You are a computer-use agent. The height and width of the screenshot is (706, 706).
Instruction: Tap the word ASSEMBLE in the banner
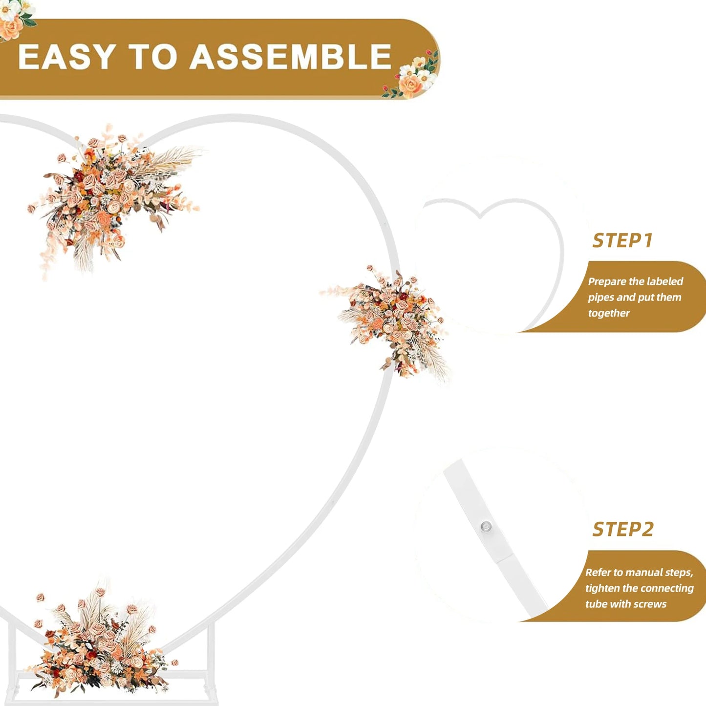pyautogui.click(x=291, y=57)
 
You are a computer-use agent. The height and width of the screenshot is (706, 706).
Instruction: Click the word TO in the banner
pyautogui.click(x=153, y=57)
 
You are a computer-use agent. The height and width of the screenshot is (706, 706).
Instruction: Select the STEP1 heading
pyautogui.click(x=622, y=240)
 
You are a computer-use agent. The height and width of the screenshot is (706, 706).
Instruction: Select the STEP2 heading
pyautogui.click(x=623, y=529)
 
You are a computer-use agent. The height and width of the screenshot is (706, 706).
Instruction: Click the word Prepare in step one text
pyautogui.click(x=607, y=282)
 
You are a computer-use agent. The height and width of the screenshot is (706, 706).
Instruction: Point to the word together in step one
pyautogui.click(x=609, y=313)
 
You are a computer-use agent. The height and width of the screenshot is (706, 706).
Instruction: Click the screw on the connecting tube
pyautogui.click(x=486, y=527)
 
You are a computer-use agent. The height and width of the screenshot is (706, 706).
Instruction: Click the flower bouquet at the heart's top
pyautogui.click(x=113, y=200)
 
